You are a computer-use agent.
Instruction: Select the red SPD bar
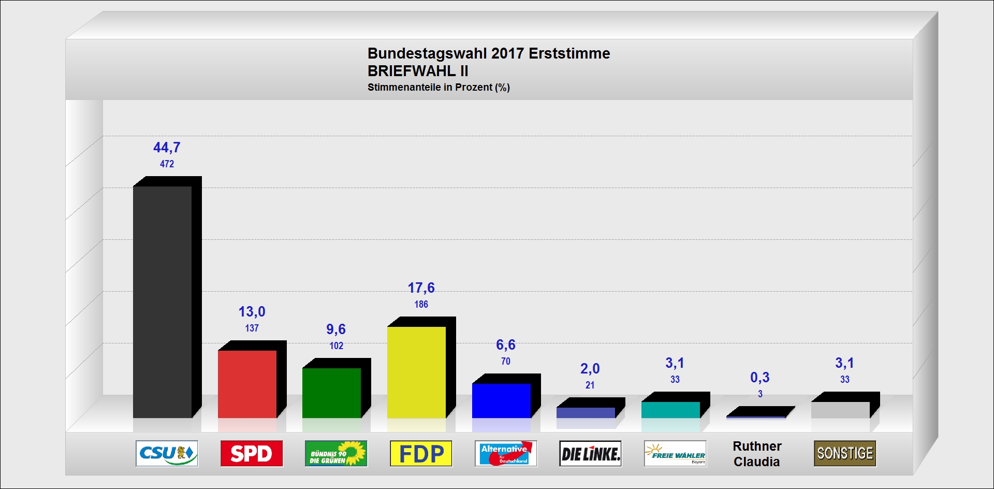coord(247,384)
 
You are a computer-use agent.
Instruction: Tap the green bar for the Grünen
coord(331,393)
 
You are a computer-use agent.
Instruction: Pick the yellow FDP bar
coord(416,372)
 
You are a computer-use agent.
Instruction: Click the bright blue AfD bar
coord(501,400)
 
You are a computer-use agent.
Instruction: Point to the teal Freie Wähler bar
coord(670,410)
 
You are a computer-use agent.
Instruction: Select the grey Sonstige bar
coord(840,410)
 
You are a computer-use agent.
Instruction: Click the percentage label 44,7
coord(167,148)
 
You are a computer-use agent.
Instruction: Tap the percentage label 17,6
coord(421,288)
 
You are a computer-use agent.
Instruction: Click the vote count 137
coord(252,328)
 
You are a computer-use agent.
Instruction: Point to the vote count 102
coord(337,346)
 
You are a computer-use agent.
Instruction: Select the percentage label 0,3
coord(759,378)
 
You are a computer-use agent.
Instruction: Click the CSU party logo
coord(167,453)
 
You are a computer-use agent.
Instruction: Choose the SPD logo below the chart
coord(252,453)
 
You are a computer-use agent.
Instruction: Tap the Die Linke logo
coord(590,453)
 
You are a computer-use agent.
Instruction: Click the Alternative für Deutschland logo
coord(506,453)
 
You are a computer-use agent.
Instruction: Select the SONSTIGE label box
coord(845,453)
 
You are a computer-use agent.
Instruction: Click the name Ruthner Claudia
coord(757,454)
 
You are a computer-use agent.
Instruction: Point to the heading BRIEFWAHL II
coord(418,71)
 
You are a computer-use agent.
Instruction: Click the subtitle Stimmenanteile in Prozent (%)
coord(438,88)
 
